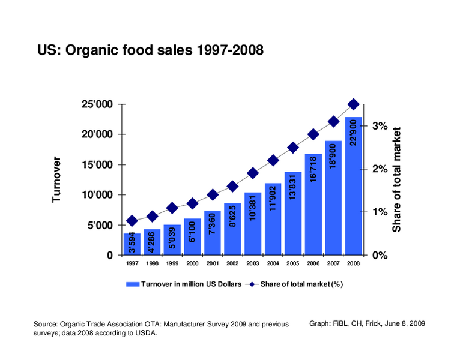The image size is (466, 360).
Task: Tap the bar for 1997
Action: (x=132, y=244)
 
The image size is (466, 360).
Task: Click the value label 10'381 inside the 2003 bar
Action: (x=253, y=206)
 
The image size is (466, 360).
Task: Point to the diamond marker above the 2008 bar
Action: (x=353, y=104)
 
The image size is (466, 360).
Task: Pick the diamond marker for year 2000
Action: (x=192, y=203)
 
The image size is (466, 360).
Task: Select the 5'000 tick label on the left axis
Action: (x=100, y=226)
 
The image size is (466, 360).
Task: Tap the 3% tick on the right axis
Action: (x=379, y=126)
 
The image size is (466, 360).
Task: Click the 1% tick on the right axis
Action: (x=379, y=212)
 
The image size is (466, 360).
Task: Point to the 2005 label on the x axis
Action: (x=293, y=264)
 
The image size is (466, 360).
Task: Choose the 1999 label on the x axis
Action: (x=172, y=264)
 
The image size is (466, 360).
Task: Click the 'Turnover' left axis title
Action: (x=57, y=179)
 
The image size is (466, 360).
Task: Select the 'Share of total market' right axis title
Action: (x=397, y=179)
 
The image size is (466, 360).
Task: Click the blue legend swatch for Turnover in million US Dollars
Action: (x=132, y=284)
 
